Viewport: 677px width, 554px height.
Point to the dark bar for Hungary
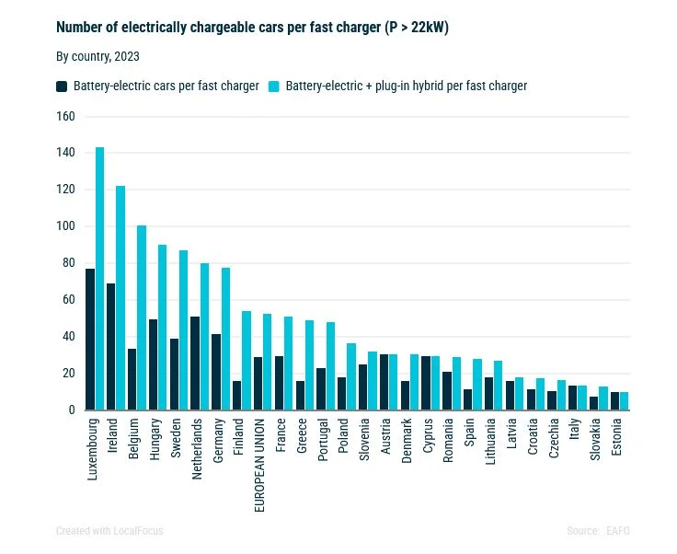[x=153, y=364]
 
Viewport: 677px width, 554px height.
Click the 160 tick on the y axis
[x=64, y=116]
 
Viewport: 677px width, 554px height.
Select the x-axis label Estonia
[x=616, y=438]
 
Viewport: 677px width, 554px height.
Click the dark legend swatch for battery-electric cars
[x=62, y=87]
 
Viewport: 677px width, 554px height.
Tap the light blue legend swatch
[x=273, y=87]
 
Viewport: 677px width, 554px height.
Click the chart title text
[x=252, y=28]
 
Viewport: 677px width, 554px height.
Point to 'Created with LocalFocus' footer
[x=109, y=531]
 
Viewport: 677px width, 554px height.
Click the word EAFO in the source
[x=618, y=531]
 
